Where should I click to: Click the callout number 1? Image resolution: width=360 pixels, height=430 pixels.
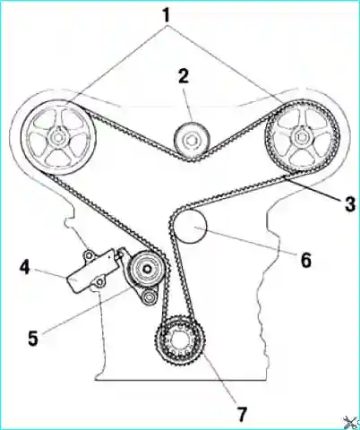tap(167, 15)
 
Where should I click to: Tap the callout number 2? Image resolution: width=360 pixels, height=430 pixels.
tap(184, 76)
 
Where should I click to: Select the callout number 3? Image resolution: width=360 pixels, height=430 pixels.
tap(349, 204)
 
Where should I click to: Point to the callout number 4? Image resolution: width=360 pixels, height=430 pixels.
tap(24, 268)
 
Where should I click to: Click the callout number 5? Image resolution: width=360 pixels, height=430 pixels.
tap(33, 338)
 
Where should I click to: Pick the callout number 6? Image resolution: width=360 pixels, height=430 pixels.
tap(305, 260)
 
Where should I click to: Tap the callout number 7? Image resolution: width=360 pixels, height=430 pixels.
tap(242, 413)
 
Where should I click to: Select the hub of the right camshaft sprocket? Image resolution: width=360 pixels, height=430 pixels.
tap(302, 137)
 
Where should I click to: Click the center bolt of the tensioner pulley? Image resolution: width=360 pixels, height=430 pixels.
tap(147, 270)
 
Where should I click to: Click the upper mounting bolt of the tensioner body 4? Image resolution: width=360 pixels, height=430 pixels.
tap(89, 255)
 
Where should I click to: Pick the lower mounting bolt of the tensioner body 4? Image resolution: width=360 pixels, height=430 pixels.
tap(99, 283)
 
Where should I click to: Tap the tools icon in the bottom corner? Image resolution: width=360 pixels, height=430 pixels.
tap(350, 422)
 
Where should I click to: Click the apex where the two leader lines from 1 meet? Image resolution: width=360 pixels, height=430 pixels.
tap(167, 26)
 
